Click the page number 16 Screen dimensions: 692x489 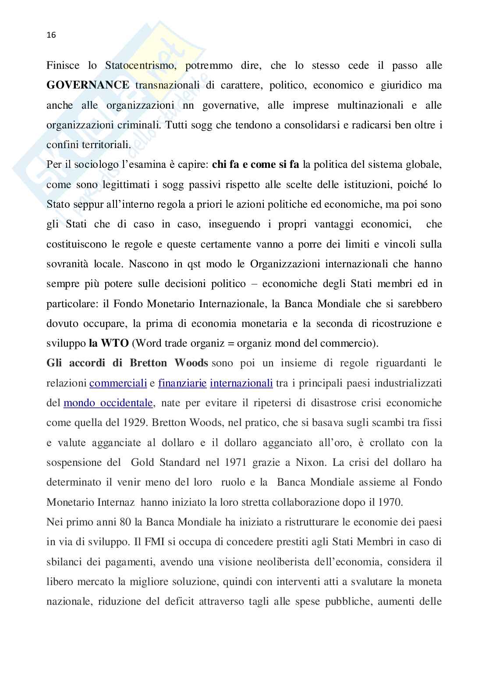click(51, 36)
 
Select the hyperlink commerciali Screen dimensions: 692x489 click(118, 383)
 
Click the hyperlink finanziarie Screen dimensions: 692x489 click(182, 383)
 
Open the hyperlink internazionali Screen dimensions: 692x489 click(241, 383)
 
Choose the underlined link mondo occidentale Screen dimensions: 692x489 click(108, 403)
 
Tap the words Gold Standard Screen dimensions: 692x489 click(166, 462)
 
